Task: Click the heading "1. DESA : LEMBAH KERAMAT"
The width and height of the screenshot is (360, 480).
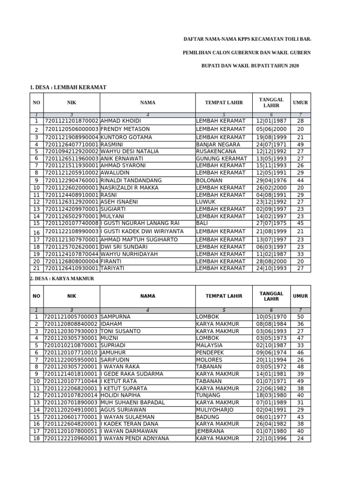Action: pos(68,87)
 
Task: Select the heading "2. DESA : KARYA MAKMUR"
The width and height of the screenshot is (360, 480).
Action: pos(62,278)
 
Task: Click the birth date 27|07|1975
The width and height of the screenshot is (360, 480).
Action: pos(271,224)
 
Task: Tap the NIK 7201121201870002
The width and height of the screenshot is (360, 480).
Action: pos(71,121)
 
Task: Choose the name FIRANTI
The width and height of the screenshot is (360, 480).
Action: pos(112,261)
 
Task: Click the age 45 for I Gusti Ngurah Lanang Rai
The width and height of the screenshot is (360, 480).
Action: pos(300,224)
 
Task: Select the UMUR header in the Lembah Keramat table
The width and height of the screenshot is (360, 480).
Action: pos(300,102)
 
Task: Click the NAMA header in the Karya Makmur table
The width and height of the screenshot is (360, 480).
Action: pos(148,296)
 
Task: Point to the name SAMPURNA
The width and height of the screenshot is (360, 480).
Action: pos(115,317)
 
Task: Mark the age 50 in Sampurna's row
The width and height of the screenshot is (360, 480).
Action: pos(300,317)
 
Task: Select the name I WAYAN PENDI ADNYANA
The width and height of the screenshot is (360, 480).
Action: pos(135,438)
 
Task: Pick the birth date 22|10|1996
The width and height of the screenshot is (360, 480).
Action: pos(271,438)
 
